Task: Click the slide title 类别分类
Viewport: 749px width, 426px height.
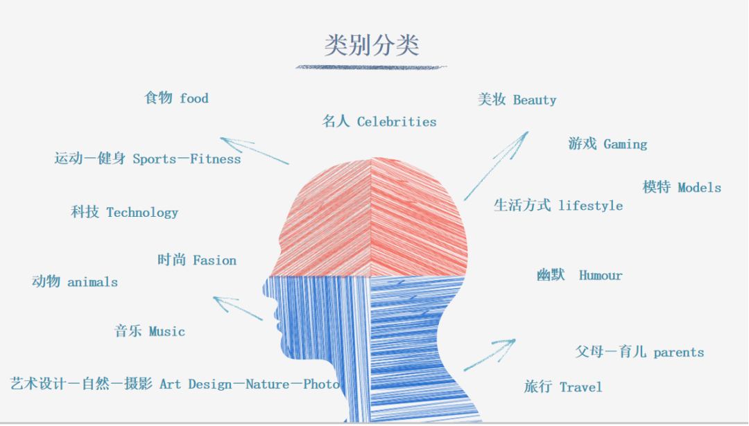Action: pyautogui.click(x=372, y=46)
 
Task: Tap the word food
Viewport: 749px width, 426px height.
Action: pyautogui.click(x=194, y=98)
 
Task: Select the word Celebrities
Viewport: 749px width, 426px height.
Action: pyautogui.click(x=397, y=122)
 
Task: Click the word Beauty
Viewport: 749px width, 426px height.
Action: pyautogui.click(x=535, y=100)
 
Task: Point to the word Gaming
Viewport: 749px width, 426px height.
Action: pyautogui.click(x=626, y=144)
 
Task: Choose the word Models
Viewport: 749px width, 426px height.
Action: pyautogui.click(x=699, y=188)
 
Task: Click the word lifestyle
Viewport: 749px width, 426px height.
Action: pyautogui.click(x=590, y=206)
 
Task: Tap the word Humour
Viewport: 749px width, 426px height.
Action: pyautogui.click(x=601, y=276)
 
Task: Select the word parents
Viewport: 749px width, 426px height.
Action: pyautogui.click(x=678, y=353)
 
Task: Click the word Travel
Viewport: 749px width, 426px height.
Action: pyautogui.click(x=581, y=387)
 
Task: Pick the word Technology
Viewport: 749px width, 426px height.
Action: pyautogui.click(x=142, y=213)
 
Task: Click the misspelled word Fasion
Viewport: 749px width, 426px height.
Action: pyautogui.click(x=214, y=260)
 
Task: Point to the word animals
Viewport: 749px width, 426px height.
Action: pyautogui.click(x=92, y=282)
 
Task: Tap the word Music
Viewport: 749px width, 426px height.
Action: pyautogui.click(x=167, y=332)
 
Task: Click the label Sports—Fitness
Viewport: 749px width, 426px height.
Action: pyautogui.click(x=187, y=159)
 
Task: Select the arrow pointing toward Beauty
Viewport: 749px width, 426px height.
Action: pyautogui.click(x=496, y=165)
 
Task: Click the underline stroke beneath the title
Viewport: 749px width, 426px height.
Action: pyautogui.click(x=371, y=67)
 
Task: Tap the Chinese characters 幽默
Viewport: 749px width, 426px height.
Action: pyautogui.click(x=551, y=276)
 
